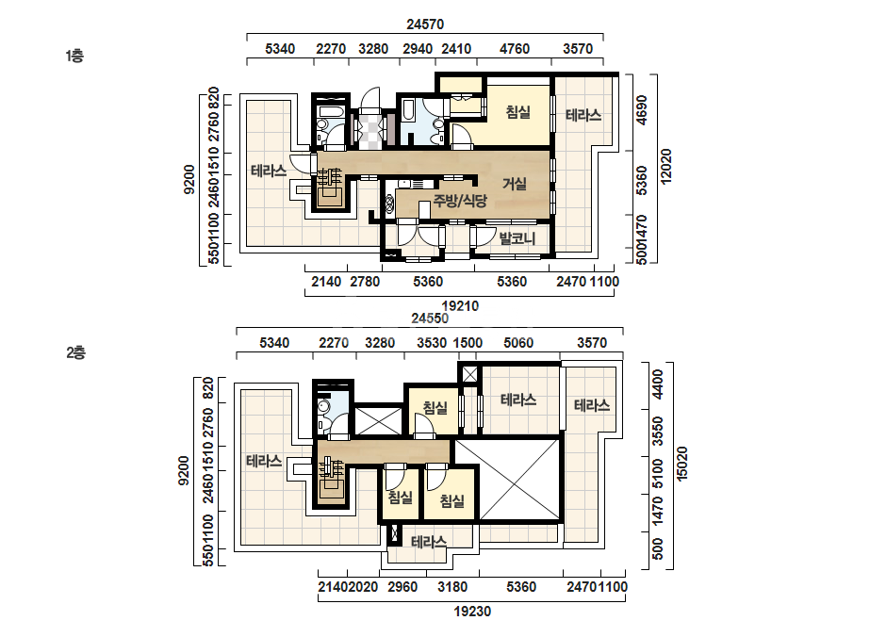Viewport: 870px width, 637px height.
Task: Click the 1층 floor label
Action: (74, 56)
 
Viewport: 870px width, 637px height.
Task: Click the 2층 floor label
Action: (76, 352)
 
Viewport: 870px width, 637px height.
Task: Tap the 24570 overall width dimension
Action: (425, 24)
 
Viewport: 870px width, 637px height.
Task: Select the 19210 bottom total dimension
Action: (460, 305)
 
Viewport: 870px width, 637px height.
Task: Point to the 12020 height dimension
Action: (665, 166)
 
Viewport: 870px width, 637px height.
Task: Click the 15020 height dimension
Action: (681, 464)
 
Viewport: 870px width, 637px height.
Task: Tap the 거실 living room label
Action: (515, 184)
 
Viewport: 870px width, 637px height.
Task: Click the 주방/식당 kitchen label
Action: (460, 201)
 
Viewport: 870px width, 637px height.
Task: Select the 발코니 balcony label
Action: (517, 238)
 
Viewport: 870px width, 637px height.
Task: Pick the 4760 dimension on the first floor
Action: (515, 49)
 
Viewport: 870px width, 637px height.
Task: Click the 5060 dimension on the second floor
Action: (518, 343)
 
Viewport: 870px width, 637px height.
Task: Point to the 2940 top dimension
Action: (418, 49)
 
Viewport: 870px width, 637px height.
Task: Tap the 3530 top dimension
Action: (432, 343)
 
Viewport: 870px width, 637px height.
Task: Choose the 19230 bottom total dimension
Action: (472, 612)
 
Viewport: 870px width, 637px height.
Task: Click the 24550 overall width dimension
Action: (430, 318)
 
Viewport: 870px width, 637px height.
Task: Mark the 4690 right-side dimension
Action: (641, 110)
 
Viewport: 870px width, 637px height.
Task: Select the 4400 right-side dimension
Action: (658, 384)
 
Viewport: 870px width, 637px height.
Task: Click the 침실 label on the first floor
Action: (518, 112)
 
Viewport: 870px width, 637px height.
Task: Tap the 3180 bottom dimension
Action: (452, 587)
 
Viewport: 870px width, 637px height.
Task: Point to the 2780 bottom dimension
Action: (365, 282)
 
